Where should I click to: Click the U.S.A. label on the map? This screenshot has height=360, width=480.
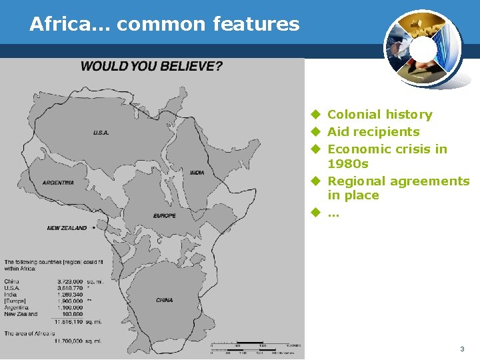click(x=101, y=133)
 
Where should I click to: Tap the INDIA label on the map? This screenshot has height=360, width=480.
click(x=197, y=173)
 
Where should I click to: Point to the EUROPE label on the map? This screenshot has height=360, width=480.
click(x=165, y=216)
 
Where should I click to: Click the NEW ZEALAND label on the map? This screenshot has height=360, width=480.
click(x=67, y=228)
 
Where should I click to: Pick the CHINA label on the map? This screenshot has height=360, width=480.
click(x=165, y=300)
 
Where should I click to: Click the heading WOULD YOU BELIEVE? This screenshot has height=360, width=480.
click(x=152, y=66)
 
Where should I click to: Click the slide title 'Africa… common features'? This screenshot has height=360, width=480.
click(x=164, y=25)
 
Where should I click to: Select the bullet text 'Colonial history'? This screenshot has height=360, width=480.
click(x=379, y=115)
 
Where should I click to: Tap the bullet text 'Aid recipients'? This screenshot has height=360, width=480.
click(x=373, y=132)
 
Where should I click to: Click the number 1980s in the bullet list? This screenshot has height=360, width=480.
click(x=348, y=164)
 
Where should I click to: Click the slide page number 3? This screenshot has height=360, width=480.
click(x=462, y=349)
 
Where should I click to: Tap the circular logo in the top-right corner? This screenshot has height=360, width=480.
click(x=421, y=49)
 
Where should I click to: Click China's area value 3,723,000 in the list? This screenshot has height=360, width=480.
click(x=71, y=282)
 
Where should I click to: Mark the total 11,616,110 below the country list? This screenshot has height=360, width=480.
click(x=70, y=321)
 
